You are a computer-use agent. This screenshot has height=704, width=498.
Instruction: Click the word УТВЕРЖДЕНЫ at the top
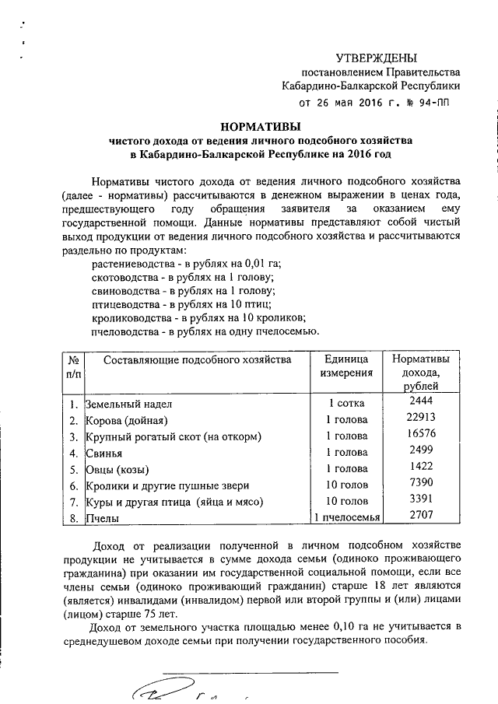376,58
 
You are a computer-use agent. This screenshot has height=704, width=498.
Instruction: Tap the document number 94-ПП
431,102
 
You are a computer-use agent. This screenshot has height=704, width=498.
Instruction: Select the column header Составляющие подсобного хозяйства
197,359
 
